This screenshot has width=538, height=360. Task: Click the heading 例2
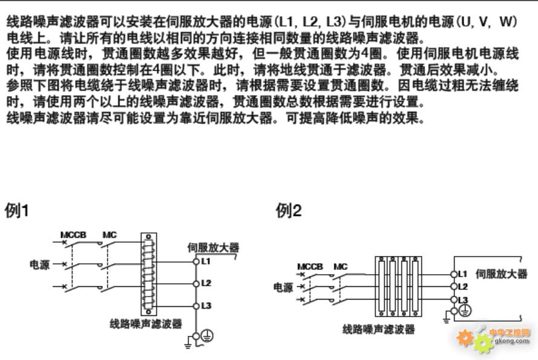[289, 211]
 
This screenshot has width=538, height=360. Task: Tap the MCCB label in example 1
[73, 235]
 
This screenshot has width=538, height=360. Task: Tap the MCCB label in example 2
[310, 266]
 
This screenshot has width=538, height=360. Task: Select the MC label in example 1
[110, 235]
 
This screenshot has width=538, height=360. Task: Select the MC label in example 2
[341, 266]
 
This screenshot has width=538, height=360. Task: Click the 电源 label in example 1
[41, 264]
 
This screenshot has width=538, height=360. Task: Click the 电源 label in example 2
[283, 287]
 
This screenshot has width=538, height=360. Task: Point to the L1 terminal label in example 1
[206, 261]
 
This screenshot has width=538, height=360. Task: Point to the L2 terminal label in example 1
[206, 283]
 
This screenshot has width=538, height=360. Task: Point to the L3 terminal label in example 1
[206, 306]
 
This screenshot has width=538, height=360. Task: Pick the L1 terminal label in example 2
[463, 274]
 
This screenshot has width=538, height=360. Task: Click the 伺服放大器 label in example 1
[213, 247]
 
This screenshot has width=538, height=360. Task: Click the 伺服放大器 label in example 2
[502, 274]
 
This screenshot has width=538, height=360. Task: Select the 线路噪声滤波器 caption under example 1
[146, 324]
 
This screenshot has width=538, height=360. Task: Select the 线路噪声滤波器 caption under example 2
[379, 330]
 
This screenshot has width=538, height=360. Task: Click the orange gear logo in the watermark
[466, 339]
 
